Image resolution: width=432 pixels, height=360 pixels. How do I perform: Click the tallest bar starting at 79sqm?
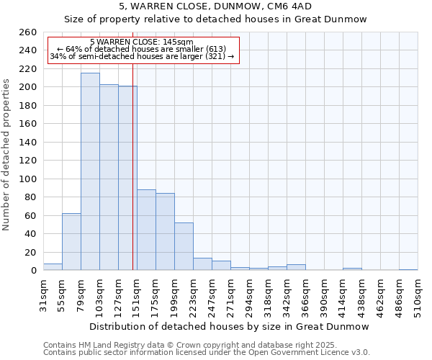pos(90,171)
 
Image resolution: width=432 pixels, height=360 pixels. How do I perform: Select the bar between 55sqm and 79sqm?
pos(71,241)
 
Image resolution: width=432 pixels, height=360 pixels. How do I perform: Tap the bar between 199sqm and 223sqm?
pos(184,246)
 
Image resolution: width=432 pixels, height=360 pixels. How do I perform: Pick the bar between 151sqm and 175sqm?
pos(146,230)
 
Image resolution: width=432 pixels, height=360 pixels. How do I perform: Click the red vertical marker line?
pos(133,180)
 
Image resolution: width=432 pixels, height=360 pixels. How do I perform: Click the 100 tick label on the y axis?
pos(27,179)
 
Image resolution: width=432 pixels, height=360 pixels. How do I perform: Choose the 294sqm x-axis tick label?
pos(249,295)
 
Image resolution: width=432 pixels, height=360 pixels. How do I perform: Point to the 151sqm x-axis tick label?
pos(137,295)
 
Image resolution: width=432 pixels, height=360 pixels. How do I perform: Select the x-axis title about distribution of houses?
pos(230,326)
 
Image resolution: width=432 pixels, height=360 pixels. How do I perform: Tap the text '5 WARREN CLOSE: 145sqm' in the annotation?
pos(142,42)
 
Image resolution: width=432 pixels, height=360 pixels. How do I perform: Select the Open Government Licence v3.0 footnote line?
pos(207,352)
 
